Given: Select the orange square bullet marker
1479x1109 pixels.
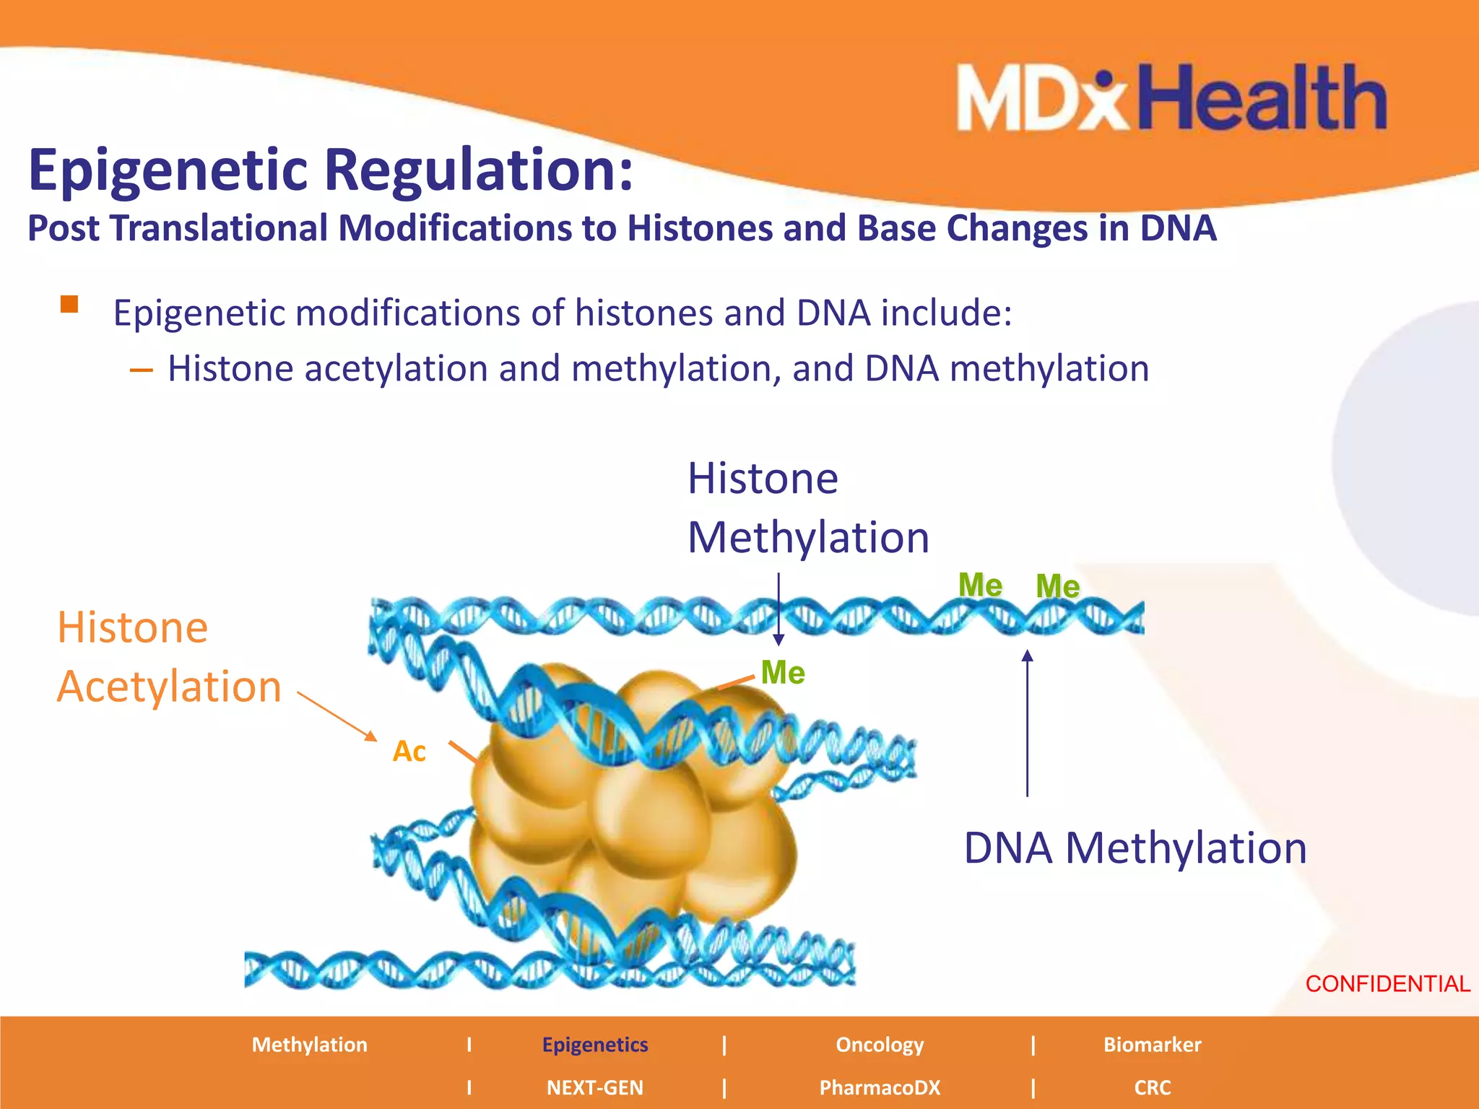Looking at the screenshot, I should click(69, 304).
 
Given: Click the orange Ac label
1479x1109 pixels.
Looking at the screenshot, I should click(409, 752).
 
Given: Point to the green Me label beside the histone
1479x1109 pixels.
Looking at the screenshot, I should click(783, 673).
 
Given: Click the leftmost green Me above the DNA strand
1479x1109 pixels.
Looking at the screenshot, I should click(980, 585).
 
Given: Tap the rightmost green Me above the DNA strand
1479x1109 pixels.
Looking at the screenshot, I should click(1057, 586).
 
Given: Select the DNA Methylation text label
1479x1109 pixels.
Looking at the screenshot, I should click(1135, 848).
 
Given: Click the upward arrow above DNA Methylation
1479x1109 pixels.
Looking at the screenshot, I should click(1027, 722).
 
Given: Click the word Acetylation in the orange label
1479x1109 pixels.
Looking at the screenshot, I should click(169, 686).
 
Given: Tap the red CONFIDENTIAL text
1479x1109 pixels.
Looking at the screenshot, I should click(1387, 984).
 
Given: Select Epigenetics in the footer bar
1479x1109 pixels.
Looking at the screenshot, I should click(595, 1045).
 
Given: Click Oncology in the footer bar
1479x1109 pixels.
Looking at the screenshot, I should click(880, 1045).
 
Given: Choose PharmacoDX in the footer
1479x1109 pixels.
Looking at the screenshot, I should click(880, 1087).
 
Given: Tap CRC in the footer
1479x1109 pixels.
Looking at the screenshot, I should click(1152, 1087).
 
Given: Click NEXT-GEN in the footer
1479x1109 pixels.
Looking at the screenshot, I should click(595, 1087).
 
